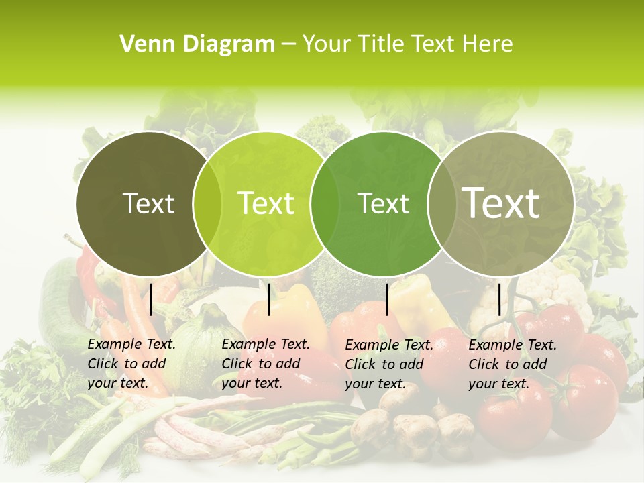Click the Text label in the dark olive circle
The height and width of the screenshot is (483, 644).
(x=149, y=203)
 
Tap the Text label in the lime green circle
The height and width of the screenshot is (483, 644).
(x=266, y=203)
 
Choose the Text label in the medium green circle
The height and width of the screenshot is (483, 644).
(x=384, y=203)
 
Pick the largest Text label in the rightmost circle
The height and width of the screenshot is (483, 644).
(x=501, y=203)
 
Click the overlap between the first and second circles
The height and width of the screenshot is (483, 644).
(x=207, y=203)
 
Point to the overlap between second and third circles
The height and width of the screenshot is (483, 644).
(x=325, y=203)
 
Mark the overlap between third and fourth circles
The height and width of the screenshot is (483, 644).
(x=442, y=203)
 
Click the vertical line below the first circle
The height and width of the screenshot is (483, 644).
(x=151, y=299)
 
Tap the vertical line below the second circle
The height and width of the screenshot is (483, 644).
(x=268, y=299)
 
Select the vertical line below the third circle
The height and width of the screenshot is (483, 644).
(x=387, y=299)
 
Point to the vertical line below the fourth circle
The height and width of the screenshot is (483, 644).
(x=500, y=299)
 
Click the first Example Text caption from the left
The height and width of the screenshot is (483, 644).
(x=131, y=364)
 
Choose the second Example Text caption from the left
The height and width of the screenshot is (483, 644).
(x=265, y=364)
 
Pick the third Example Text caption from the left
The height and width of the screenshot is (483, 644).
(x=388, y=364)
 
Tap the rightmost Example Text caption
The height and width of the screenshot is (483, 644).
(x=512, y=364)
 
